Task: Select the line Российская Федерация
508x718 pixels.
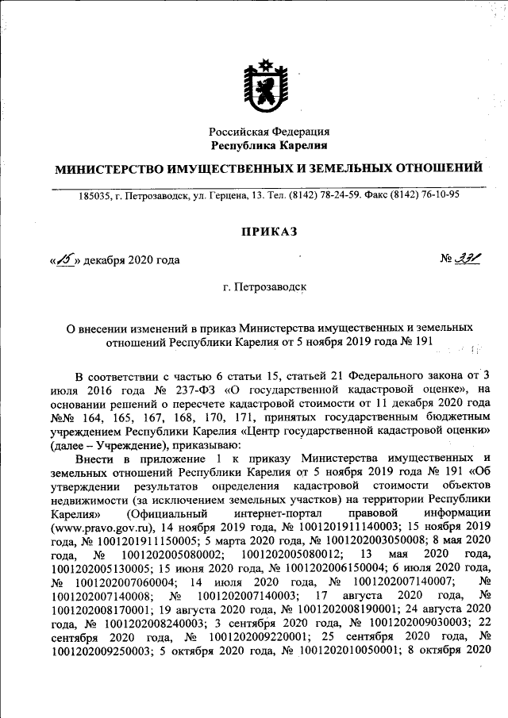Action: pyautogui.click(x=269, y=132)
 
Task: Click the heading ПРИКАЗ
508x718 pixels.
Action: pyautogui.click(x=269, y=231)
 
